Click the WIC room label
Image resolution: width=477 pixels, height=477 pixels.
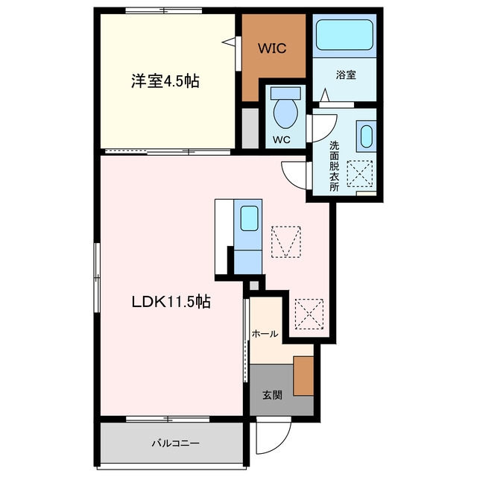[x=272, y=48]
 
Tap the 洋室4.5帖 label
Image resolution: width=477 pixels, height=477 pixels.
[x=165, y=81]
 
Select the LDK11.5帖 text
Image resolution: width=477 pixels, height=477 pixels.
[x=171, y=302]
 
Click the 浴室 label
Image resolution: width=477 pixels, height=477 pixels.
[x=346, y=75]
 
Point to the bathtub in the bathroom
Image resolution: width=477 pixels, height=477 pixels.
[x=344, y=35]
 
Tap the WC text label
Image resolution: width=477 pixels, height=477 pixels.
[x=282, y=140]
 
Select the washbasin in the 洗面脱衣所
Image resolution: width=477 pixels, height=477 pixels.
[x=366, y=136]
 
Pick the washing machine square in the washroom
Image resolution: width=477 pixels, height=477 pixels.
[x=360, y=174]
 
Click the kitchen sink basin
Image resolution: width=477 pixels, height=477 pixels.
[x=249, y=218]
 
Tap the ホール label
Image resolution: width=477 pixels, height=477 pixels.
[x=265, y=334]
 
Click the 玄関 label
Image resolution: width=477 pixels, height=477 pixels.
[x=272, y=395]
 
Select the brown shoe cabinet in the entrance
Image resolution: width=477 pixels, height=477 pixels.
[x=303, y=376]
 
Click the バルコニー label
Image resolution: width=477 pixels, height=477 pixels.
[x=176, y=443]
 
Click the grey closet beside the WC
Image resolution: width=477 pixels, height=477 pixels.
[x=250, y=128]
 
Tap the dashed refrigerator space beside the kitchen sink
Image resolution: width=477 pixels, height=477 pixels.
[x=285, y=241]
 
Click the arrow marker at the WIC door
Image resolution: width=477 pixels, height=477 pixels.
[x=229, y=42]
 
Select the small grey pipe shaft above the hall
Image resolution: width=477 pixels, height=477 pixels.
[x=254, y=286]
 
